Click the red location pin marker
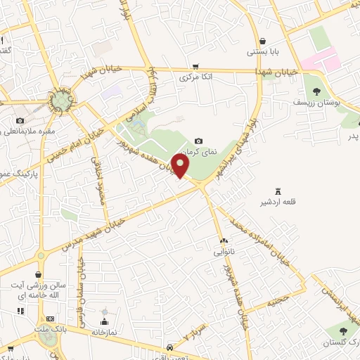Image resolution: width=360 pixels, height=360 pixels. coord(181,167)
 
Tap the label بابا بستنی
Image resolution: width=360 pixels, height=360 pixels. coord(262,52)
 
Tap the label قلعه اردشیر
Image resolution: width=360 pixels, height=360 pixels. coord(278,202)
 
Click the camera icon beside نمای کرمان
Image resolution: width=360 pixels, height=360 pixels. coord(198,141)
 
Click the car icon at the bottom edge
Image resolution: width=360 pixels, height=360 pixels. coord(170,348)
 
